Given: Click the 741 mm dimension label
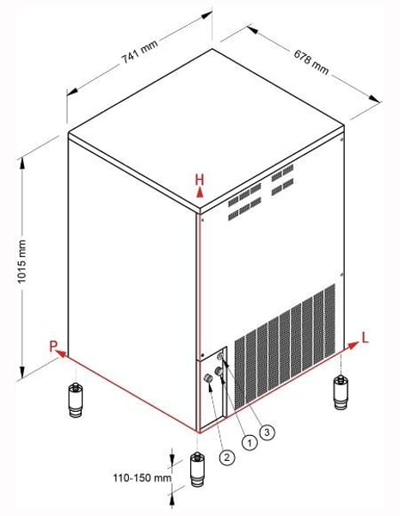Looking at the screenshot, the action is click(x=139, y=52).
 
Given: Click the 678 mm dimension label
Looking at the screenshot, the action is click(x=311, y=62).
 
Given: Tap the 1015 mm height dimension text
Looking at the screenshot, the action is click(x=22, y=261).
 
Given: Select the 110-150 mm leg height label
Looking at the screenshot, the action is click(x=142, y=477).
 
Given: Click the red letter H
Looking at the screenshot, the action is click(x=200, y=180).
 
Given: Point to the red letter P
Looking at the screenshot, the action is click(x=53, y=347).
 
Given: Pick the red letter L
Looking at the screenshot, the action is click(x=365, y=338).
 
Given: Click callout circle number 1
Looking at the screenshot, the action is click(x=249, y=443).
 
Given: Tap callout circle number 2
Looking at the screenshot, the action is click(x=227, y=458).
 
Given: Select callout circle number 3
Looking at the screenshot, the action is click(x=267, y=433).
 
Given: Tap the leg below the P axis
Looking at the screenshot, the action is click(x=76, y=401).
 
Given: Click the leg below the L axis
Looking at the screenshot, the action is click(x=341, y=392).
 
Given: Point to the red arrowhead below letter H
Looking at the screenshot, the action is click(x=200, y=193).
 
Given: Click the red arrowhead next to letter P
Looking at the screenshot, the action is click(x=62, y=353).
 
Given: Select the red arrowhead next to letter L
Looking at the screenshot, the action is click(x=353, y=345).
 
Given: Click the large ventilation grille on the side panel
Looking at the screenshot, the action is click(x=285, y=347).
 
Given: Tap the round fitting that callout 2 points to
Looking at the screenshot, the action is click(x=207, y=378).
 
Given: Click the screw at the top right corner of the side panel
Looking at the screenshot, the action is click(x=342, y=139).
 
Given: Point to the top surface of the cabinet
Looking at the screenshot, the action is click(x=206, y=128).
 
